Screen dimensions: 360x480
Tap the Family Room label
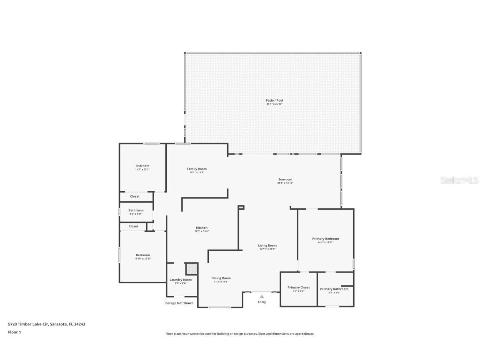(x=197, y=169)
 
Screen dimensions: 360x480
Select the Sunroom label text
(x=285, y=179)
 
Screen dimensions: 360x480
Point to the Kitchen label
(x=202, y=227)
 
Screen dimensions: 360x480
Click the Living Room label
(x=267, y=245)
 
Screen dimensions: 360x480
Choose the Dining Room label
(x=221, y=278)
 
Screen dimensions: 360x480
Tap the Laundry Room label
(x=180, y=280)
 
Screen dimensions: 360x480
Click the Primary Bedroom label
(x=325, y=239)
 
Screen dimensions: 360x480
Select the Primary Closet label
(x=298, y=287)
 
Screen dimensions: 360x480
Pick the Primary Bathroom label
(x=334, y=289)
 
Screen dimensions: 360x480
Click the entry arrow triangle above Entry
(x=262, y=297)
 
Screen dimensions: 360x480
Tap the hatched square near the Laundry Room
(x=191, y=269)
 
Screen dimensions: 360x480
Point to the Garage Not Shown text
(x=179, y=303)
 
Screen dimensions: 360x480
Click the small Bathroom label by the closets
(x=136, y=210)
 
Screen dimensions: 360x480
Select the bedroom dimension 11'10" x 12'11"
(x=142, y=259)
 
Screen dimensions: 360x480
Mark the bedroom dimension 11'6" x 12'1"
(x=142, y=170)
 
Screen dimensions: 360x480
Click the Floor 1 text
(x=14, y=332)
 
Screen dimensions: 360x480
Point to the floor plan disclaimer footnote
(x=240, y=334)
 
